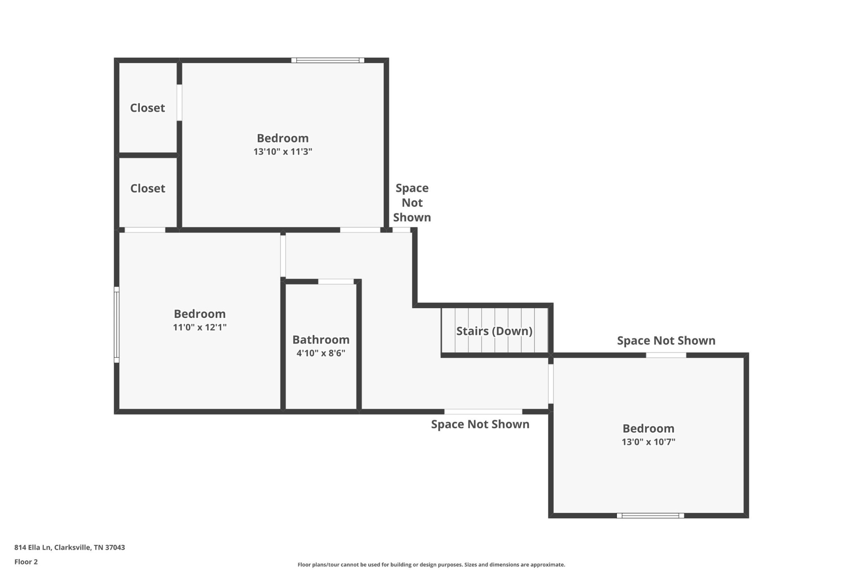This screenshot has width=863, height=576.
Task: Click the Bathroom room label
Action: point(321,339)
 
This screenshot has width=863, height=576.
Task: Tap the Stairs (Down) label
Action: point(494,331)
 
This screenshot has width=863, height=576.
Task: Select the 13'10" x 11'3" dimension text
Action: point(283,151)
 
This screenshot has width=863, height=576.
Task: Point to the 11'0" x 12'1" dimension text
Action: point(200,327)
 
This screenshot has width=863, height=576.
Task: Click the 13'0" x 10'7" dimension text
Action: point(649,441)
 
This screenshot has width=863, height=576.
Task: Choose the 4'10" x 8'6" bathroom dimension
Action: point(321,353)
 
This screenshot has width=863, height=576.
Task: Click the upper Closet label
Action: point(147,108)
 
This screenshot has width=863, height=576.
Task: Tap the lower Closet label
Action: point(147,188)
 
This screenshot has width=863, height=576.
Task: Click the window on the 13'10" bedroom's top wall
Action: point(328,60)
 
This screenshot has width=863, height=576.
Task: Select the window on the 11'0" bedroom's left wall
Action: point(117,325)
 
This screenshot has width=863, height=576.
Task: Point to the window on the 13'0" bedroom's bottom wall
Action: point(650,515)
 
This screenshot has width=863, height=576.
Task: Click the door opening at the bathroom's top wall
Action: point(336,282)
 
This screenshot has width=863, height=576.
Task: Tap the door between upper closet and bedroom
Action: point(179,102)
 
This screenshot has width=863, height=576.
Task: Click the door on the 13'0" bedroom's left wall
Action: point(551,384)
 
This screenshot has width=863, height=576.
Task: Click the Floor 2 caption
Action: point(26,562)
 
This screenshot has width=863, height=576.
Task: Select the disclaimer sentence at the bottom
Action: point(431,565)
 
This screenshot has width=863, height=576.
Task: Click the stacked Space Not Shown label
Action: point(412,203)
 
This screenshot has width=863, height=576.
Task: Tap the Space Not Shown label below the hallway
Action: point(480,424)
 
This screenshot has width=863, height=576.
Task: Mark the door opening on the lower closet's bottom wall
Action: point(145,230)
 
